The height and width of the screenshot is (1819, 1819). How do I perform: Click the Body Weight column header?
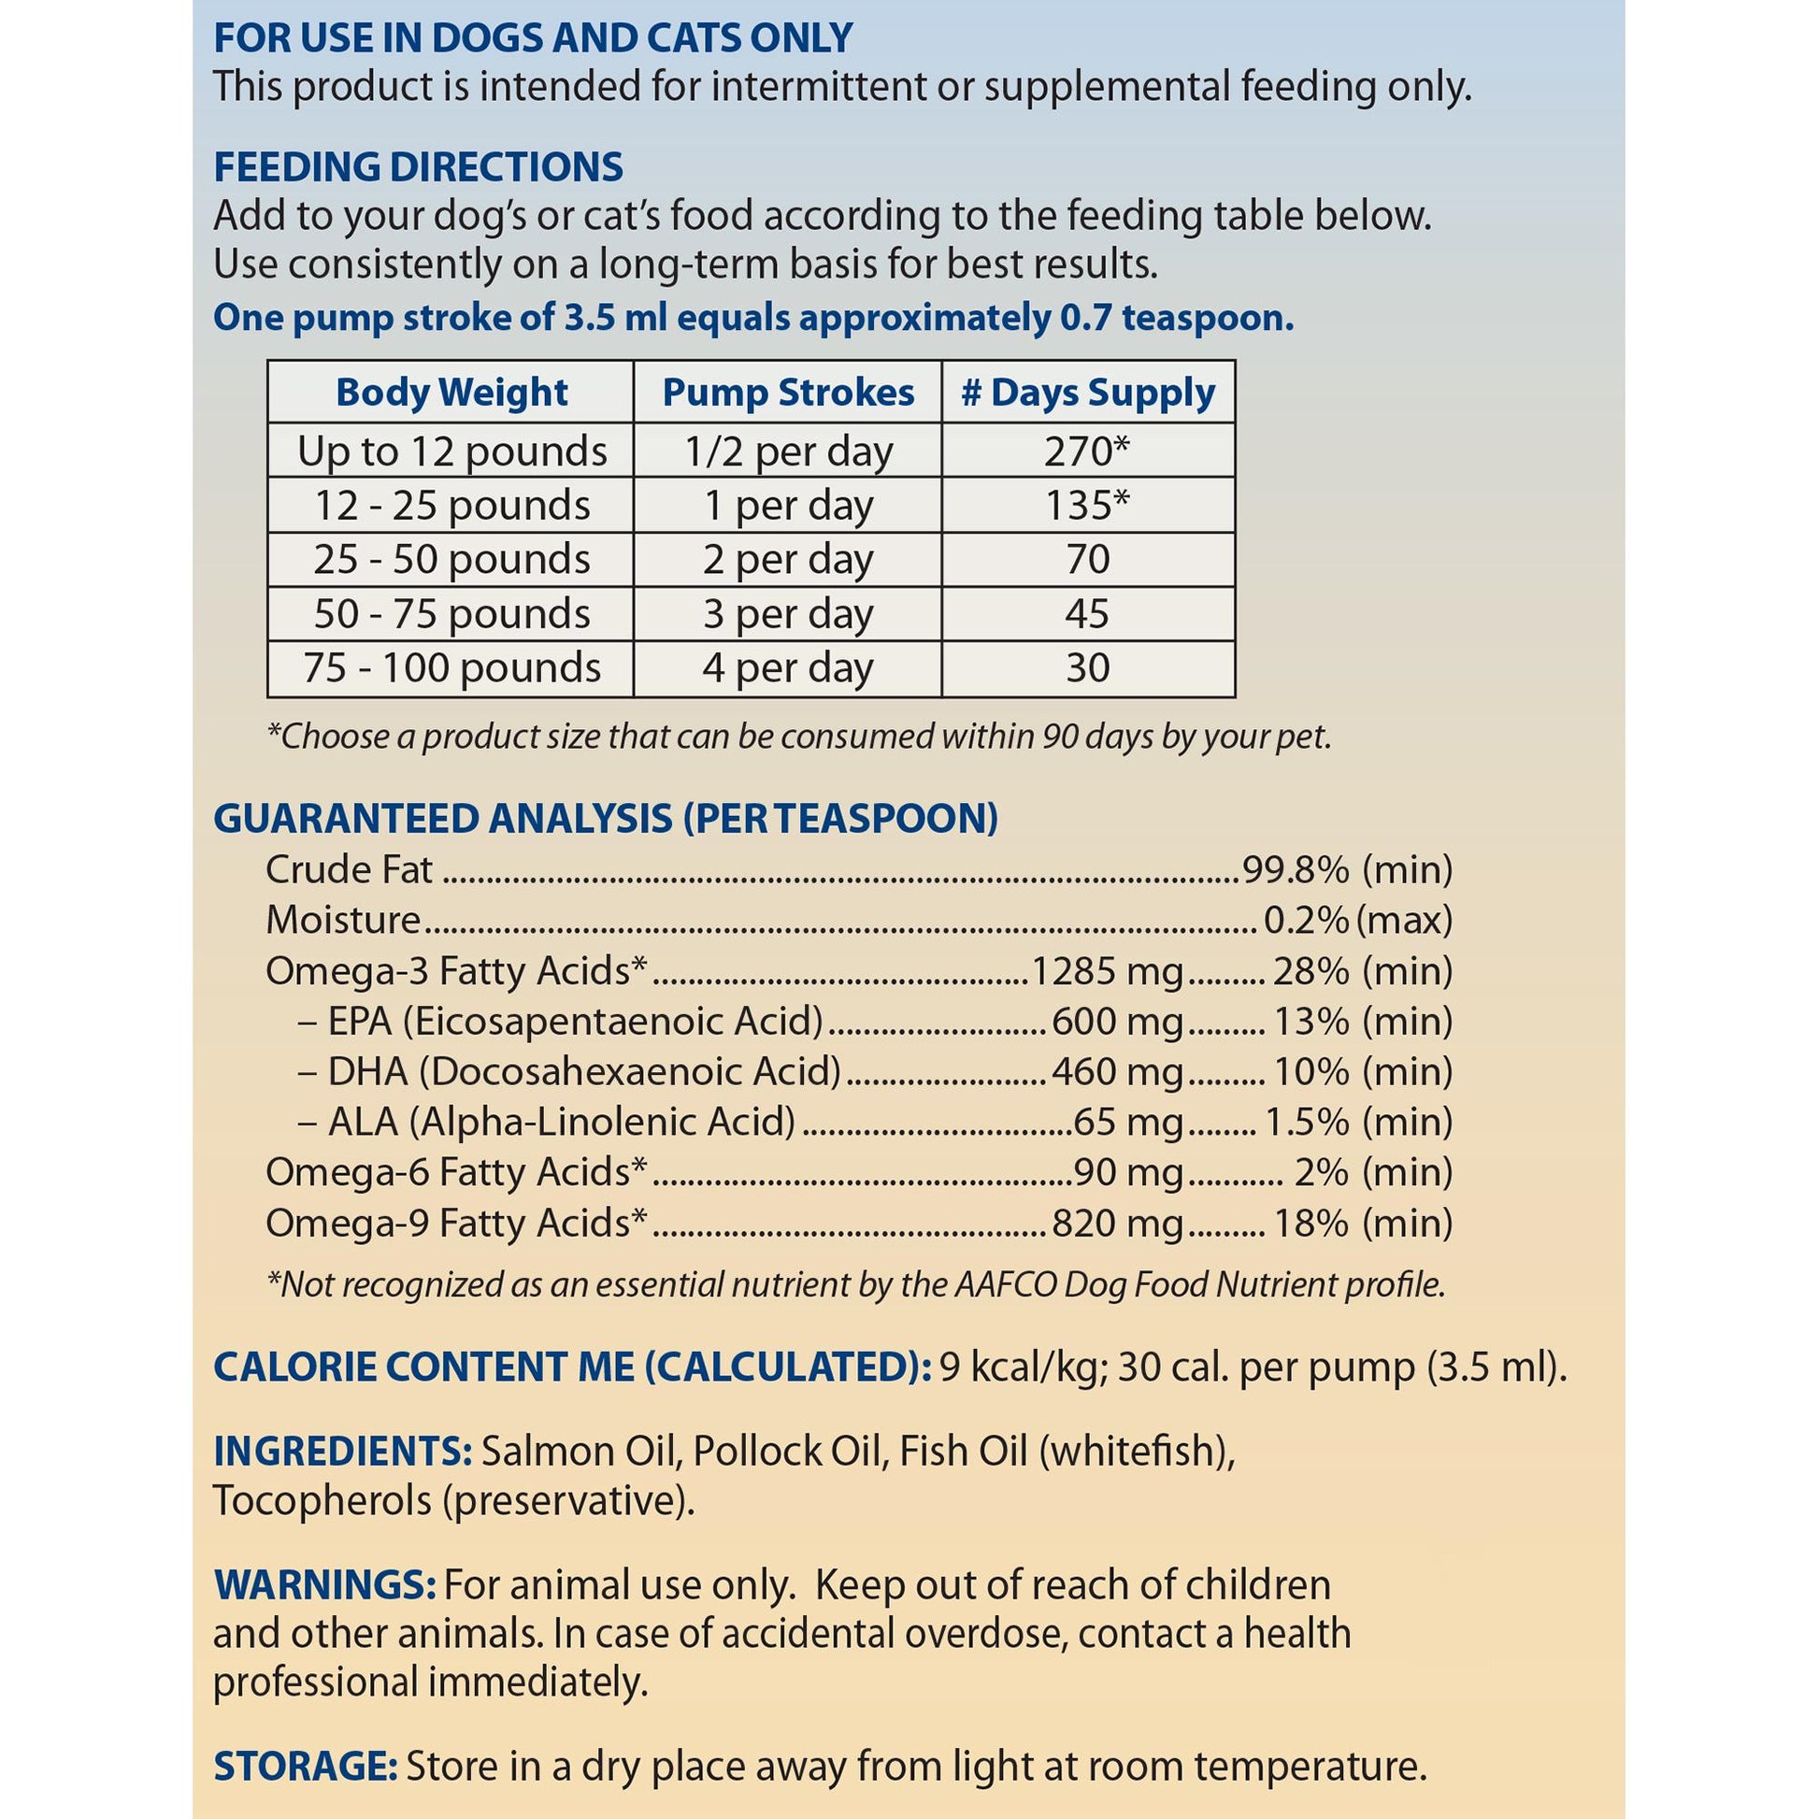[451, 392]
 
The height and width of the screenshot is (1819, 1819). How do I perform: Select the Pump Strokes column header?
[788, 392]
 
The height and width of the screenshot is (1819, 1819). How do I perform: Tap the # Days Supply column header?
[1087, 392]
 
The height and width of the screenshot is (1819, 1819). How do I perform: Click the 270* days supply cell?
[1087, 451]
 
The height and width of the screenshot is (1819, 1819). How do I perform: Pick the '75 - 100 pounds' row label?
[451, 667]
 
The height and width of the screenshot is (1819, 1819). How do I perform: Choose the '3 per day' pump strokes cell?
[788, 614]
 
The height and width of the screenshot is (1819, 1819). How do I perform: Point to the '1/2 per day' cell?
[788, 451]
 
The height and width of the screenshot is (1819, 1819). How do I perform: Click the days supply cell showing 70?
[1087, 559]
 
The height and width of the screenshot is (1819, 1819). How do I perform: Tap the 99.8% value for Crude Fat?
[1296, 869]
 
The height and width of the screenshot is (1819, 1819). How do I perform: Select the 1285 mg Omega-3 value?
[1108, 970]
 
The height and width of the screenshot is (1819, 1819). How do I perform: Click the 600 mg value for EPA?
[1117, 1022]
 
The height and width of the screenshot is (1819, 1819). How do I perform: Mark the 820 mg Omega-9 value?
[1117, 1223]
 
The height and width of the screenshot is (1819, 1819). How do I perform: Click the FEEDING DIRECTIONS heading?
[418, 166]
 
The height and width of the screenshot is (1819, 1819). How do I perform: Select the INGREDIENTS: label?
[343, 1451]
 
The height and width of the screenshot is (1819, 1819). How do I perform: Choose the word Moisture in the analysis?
[343, 920]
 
